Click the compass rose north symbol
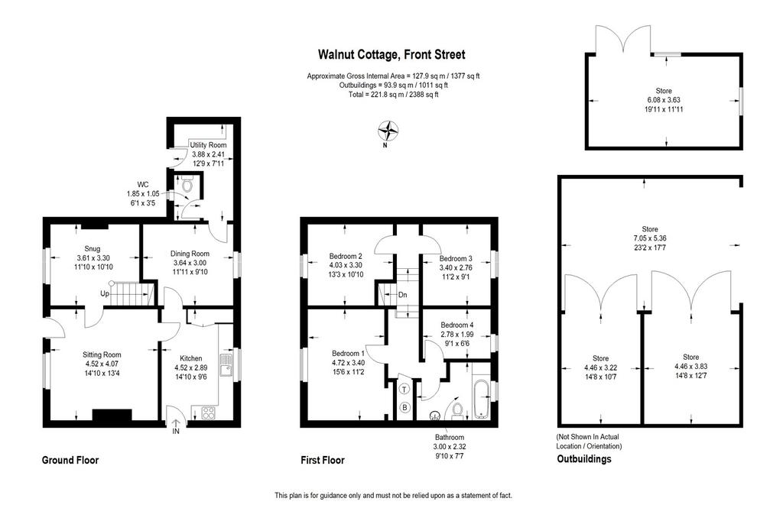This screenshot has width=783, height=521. [388, 131]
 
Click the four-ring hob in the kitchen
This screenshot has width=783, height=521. [209, 413]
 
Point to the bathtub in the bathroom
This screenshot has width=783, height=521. [481, 399]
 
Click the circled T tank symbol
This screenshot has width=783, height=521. [405, 390]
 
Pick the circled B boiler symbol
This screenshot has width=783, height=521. [405, 408]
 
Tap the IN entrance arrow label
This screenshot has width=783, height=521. [176, 431]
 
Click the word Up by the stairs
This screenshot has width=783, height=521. [104, 293]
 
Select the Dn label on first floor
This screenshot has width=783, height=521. [402, 295]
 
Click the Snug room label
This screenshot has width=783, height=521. [93, 248]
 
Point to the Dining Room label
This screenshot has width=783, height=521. [190, 254]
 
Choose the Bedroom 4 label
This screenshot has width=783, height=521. [457, 325]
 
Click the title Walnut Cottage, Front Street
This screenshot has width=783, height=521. [392, 54]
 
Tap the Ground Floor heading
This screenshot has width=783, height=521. [70, 460]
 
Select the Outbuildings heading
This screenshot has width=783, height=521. [583, 458]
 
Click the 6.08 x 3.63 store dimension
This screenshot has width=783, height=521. [664, 100]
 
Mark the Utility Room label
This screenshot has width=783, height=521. [208, 144]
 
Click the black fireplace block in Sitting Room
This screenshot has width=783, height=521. [112, 415]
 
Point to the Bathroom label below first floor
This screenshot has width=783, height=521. [450, 437]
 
